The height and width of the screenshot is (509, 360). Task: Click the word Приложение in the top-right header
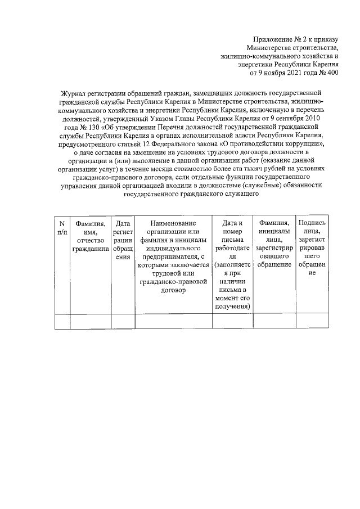[x=271, y=40]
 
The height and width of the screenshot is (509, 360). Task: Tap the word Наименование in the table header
[x=173, y=223]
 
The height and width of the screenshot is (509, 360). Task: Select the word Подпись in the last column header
[x=312, y=223]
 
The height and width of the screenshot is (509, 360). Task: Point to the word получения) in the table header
[x=232, y=306]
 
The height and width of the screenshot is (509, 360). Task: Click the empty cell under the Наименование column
[x=173, y=321]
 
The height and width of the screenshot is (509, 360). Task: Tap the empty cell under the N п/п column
[x=62, y=321]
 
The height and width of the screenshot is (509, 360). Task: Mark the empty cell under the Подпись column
[x=312, y=321]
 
